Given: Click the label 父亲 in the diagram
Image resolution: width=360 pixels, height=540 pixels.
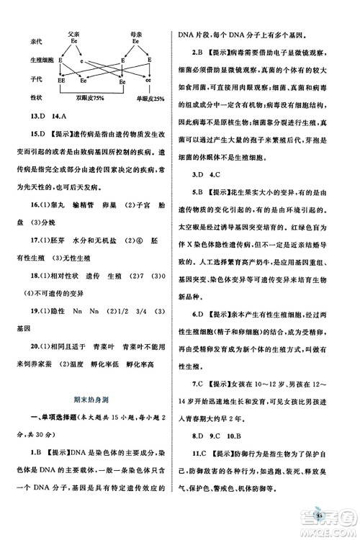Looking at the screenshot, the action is pyautogui.click(x=73, y=32).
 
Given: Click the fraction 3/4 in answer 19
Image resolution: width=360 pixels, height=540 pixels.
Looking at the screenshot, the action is pyautogui.click(x=139, y=313).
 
